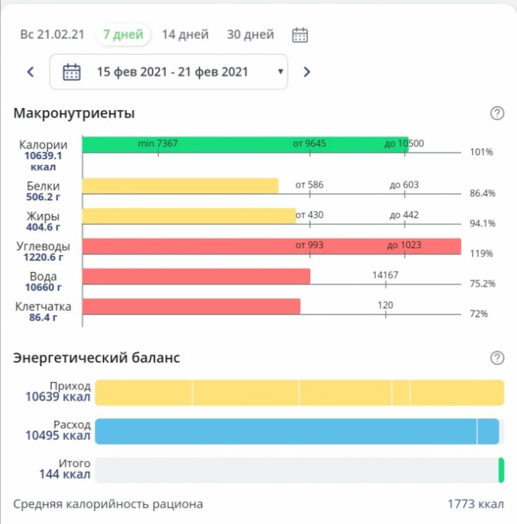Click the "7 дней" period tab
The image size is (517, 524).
tap(123, 35)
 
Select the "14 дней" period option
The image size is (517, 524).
tap(185, 35)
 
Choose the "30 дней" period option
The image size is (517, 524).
tap(250, 35)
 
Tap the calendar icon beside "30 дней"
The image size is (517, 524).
tap(300, 35)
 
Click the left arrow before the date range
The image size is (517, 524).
tap(31, 72)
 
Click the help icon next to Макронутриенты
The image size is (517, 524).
tap(497, 113)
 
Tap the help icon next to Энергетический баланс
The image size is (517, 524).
tap(497, 358)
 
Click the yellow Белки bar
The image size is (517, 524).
tap(180, 186)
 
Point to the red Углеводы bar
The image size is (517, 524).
tap(271, 246)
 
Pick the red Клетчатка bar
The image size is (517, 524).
tap(191, 306)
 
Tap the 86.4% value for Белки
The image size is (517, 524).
tap(482, 193)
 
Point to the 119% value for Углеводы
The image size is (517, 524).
tap(481, 254)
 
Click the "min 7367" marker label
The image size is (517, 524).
tap(157, 143)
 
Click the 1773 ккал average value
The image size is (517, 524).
tap(475, 504)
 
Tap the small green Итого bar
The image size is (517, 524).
tap(501, 470)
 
